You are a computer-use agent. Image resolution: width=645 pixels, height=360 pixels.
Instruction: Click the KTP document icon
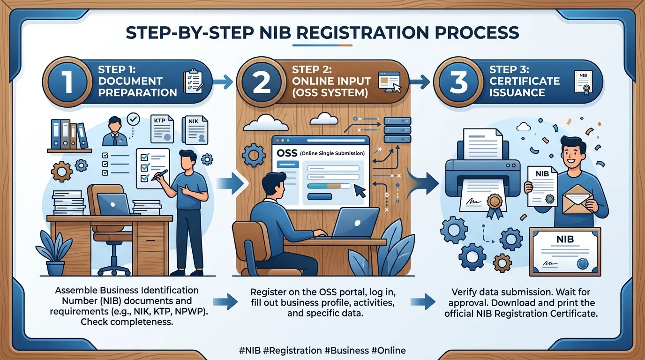click(x=162, y=129)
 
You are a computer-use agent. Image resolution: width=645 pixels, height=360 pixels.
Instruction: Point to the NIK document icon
click(x=195, y=130)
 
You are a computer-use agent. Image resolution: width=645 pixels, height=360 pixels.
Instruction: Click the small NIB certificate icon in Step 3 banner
click(x=584, y=83)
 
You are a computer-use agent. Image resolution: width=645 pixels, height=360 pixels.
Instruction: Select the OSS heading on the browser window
click(x=286, y=153)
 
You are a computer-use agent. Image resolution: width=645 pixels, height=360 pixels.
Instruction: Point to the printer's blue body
click(x=483, y=176)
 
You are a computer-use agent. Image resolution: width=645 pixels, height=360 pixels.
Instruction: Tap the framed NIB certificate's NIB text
click(x=565, y=240)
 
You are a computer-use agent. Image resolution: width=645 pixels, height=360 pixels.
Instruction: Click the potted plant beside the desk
click(x=54, y=254)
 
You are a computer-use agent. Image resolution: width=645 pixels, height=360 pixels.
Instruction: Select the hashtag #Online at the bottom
click(x=389, y=351)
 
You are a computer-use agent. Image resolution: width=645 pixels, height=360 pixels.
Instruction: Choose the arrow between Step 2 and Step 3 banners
click(x=420, y=82)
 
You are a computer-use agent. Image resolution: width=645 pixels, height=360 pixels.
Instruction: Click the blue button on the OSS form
click(x=320, y=197)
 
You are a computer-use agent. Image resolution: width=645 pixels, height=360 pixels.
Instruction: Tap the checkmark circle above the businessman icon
click(x=133, y=119)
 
